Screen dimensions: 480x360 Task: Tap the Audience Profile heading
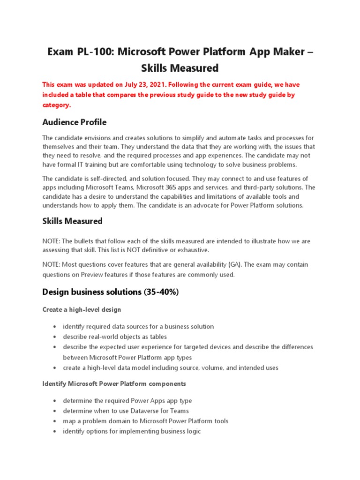[74, 122]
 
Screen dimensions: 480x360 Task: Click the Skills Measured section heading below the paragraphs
[72, 221]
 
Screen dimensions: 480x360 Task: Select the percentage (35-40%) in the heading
[161, 292]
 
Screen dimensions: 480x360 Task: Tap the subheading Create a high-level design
[82, 310]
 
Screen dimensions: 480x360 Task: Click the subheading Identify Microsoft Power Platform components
[114, 384]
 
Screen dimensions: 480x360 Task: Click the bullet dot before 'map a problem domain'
[55, 421]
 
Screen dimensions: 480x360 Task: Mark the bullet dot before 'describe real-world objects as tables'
[55, 337]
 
